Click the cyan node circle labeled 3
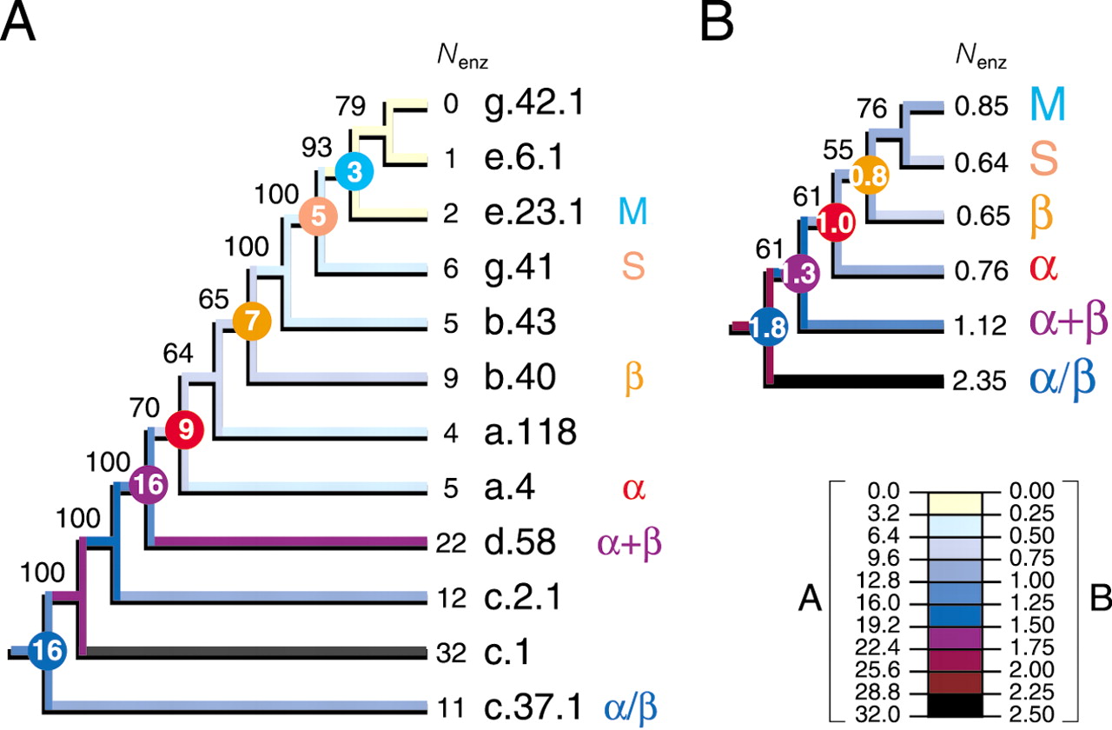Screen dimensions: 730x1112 354,172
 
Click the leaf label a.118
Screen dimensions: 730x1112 530,432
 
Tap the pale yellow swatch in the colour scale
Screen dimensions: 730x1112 955,502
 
